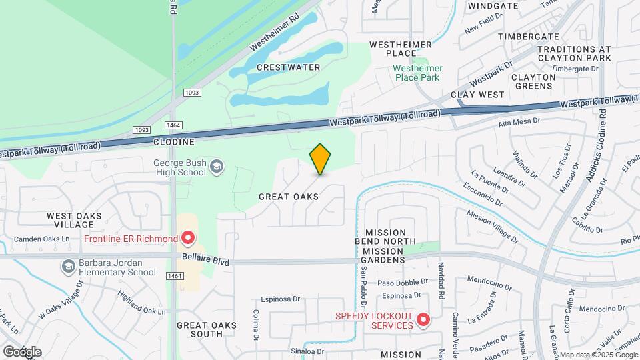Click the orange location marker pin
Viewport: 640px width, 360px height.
[321, 159]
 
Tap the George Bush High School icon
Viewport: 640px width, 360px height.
[216, 166]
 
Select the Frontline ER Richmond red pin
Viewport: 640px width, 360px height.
[188, 238]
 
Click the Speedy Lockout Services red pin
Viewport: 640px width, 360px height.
[423, 321]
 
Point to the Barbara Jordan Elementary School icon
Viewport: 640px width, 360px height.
[68, 267]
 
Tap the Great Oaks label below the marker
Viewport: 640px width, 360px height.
[289, 197]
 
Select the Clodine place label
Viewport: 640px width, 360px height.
[173, 142]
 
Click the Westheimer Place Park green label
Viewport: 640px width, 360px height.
[416, 73]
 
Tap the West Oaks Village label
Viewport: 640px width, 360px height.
[74, 221]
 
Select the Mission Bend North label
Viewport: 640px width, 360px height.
[390, 237]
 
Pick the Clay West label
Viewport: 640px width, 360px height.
[478, 95]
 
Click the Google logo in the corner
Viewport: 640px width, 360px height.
[22, 351]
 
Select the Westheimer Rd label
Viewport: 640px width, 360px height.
[274, 35]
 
